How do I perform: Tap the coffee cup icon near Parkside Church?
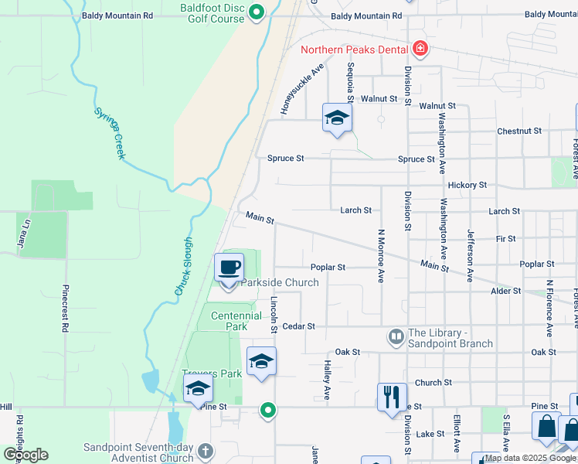coord(229,268)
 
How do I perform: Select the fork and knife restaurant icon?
coord(392,397)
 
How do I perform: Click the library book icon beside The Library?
coord(396,336)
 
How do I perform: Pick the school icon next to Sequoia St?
coord(337,118)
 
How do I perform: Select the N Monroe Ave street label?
coord(381,255)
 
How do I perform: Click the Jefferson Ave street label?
coord(469,255)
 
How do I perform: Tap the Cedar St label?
coord(300,326)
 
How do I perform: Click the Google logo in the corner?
coord(25,455)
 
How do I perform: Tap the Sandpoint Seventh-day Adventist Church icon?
coord(205,450)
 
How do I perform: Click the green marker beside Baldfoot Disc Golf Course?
coord(257,12)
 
